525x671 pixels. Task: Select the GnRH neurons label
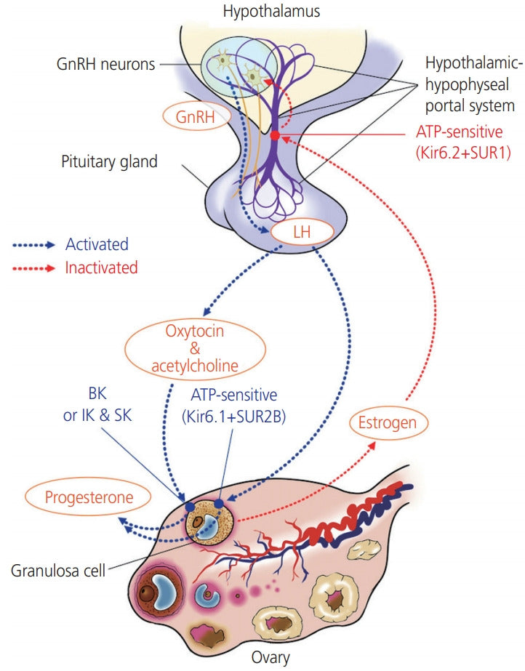coord(105,64)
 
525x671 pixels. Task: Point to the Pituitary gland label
coord(109,161)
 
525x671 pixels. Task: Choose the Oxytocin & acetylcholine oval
coord(195,347)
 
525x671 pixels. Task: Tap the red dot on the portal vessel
coord(275,136)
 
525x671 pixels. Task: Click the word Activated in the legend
coord(97,244)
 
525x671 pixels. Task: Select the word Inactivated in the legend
coord(101,268)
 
